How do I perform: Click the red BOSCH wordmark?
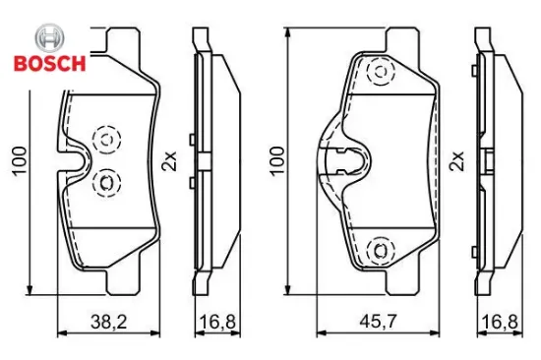[50, 64]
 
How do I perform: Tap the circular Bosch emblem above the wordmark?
[50, 38]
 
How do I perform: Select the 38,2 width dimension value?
[108, 322]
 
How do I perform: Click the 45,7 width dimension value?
[378, 322]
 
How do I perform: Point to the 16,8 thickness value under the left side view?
[217, 322]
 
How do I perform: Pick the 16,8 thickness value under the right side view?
[500, 322]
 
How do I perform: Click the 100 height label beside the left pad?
[20, 161]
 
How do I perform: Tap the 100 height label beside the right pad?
[277, 161]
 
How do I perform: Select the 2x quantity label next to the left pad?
[169, 161]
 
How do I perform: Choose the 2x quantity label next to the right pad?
[456, 161]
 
